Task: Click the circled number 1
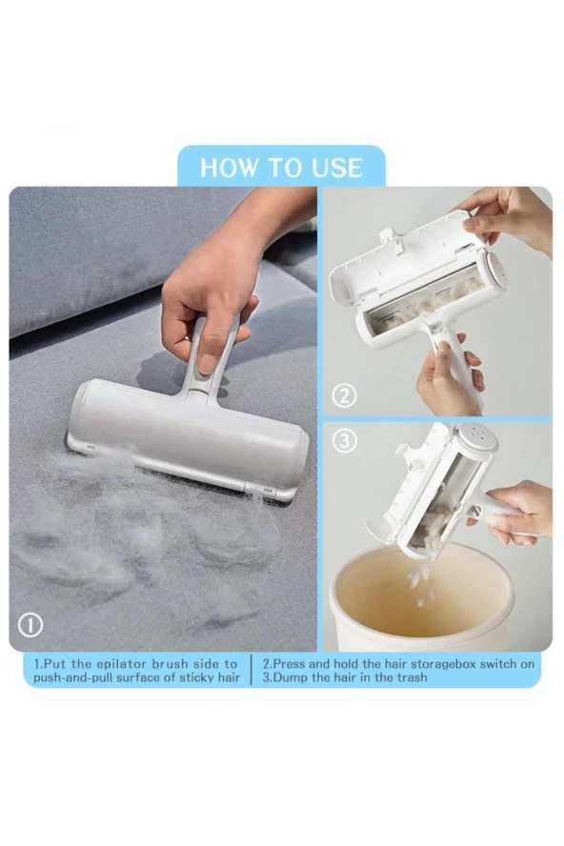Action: (30, 625)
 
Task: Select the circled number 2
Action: (345, 396)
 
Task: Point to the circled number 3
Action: (345, 441)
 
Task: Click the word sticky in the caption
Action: (190, 677)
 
